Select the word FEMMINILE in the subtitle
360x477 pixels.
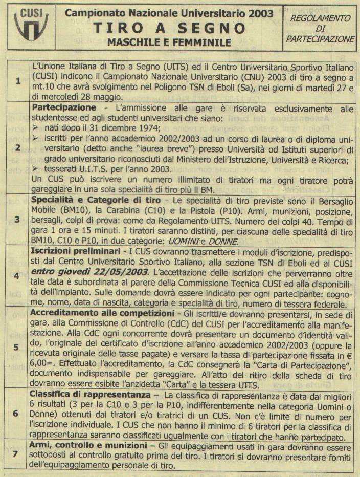(x=202, y=42)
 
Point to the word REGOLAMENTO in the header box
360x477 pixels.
(x=320, y=18)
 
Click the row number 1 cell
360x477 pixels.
(x=18, y=81)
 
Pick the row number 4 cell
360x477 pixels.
(x=18, y=275)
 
